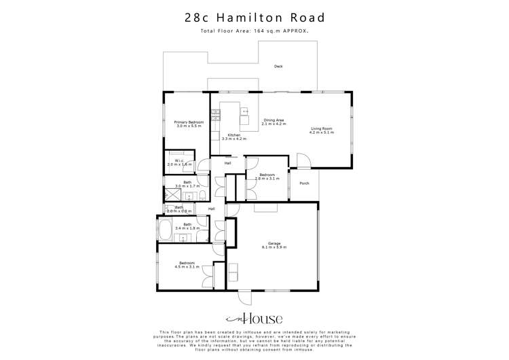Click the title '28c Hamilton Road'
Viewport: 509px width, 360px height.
[254, 18]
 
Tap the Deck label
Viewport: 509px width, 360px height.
[278, 67]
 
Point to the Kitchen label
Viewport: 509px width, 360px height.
[233, 137]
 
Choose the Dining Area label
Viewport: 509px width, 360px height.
[274, 122]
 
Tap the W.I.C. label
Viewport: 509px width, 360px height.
[179, 162]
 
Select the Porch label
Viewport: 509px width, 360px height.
[304, 181]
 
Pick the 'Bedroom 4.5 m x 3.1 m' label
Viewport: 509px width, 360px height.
[187, 265]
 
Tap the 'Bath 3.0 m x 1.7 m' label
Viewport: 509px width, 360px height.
[187, 184]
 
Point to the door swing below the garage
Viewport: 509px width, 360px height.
[244, 298]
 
